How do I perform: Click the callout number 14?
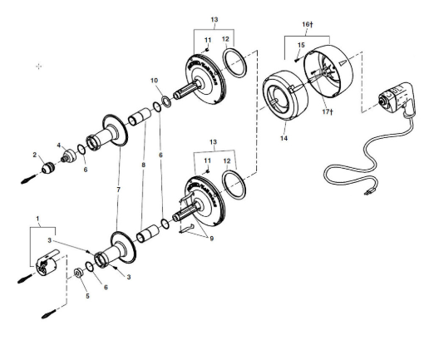coord(283,138)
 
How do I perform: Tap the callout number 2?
coord(35,154)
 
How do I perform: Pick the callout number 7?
coord(119,190)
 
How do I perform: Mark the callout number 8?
coord(144,165)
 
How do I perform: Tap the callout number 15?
coord(301,44)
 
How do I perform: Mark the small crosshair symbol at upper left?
coord(39,66)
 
